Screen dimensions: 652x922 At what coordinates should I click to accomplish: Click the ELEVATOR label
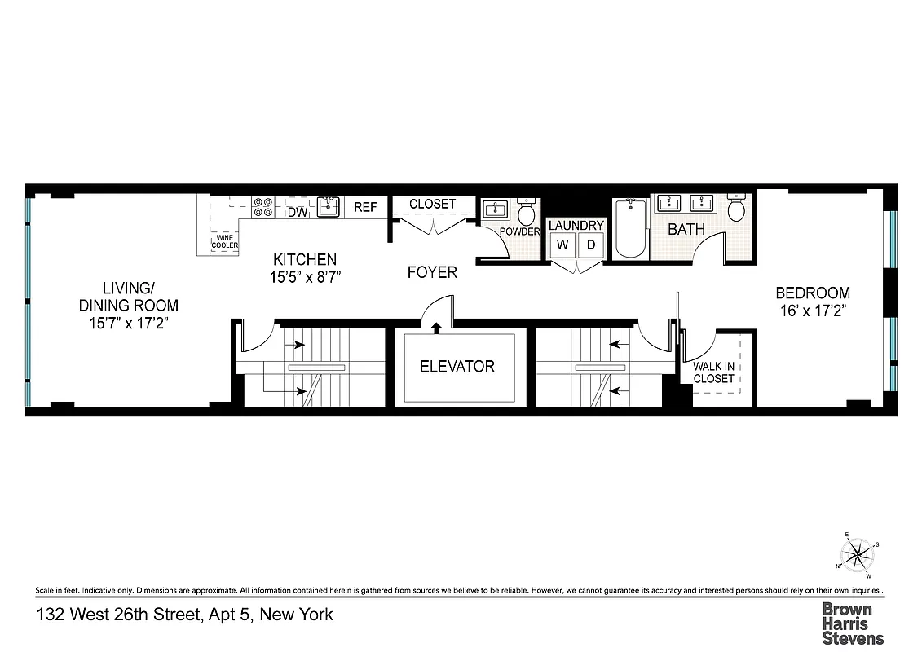[457, 366]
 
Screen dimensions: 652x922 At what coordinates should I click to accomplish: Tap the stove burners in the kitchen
[263, 207]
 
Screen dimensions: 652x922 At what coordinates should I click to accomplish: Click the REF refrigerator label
[365, 207]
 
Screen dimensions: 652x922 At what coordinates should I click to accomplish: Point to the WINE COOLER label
[225, 241]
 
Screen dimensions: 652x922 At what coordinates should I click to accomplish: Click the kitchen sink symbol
[329, 206]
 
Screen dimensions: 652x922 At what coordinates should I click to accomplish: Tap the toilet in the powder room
[526, 213]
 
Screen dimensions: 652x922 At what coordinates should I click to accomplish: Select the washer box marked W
[562, 244]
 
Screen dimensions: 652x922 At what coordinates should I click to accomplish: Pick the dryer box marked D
[591, 244]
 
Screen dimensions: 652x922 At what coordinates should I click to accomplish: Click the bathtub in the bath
[629, 229]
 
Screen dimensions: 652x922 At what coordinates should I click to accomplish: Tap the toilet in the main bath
[735, 209]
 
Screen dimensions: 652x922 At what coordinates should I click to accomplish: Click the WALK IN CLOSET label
[713, 372]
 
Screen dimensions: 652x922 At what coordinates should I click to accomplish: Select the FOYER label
[432, 272]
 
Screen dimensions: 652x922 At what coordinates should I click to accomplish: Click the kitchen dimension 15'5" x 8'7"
[304, 276]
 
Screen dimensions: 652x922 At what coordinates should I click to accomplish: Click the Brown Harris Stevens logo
[851, 623]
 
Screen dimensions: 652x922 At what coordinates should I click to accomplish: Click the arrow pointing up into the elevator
[436, 328]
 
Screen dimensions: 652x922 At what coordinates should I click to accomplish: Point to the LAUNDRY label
[576, 225]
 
